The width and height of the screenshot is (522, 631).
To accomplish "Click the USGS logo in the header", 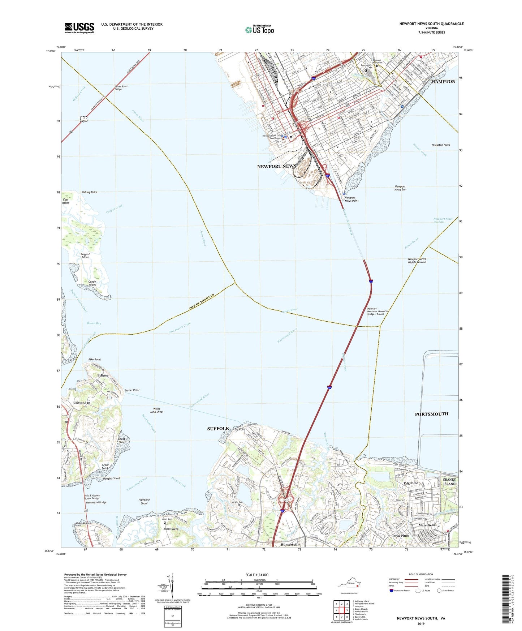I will click(x=79, y=28).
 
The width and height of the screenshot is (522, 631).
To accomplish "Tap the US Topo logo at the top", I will click(x=259, y=30).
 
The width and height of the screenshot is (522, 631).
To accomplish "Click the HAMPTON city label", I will click(x=443, y=82).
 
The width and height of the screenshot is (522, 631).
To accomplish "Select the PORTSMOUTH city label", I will click(x=431, y=414).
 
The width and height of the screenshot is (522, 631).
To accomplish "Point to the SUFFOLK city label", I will click(x=218, y=429).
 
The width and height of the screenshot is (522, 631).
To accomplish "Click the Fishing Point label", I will click(x=89, y=192).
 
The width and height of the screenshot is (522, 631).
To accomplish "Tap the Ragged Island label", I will click(x=85, y=256).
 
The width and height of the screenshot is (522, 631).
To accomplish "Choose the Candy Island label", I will click(x=92, y=283).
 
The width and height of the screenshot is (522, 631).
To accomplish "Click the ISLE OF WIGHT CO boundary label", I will click(x=202, y=301).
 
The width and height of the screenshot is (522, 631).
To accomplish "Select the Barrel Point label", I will click(x=132, y=390).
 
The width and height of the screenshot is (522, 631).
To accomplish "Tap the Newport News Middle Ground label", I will click(x=417, y=260).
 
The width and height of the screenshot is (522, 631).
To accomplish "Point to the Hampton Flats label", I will click(x=441, y=145).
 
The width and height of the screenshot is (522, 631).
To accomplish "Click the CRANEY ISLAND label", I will click(x=449, y=481).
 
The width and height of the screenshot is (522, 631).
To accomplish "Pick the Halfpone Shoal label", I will click(x=144, y=502).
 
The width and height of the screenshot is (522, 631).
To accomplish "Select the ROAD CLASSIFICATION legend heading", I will click(x=421, y=574).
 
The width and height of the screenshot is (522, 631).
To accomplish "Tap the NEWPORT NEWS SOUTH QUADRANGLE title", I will click(x=431, y=24).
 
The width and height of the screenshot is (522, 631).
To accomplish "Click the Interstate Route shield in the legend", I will click(x=392, y=591).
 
